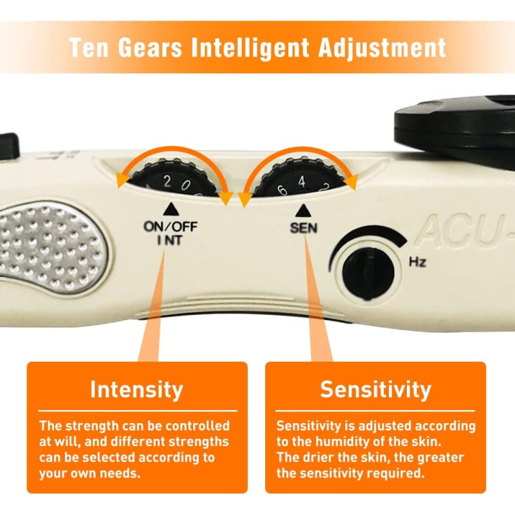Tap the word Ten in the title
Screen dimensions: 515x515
[90, 48]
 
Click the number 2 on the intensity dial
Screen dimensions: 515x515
[167, 182]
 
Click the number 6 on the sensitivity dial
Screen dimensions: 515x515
[281, 189]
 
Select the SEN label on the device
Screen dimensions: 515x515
[304, 227]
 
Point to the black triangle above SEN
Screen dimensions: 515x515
[301, 210]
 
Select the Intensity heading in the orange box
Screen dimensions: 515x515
[136, 389]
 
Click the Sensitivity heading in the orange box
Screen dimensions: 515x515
[375, 389]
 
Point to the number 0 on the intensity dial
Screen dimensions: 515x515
[185, 187]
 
